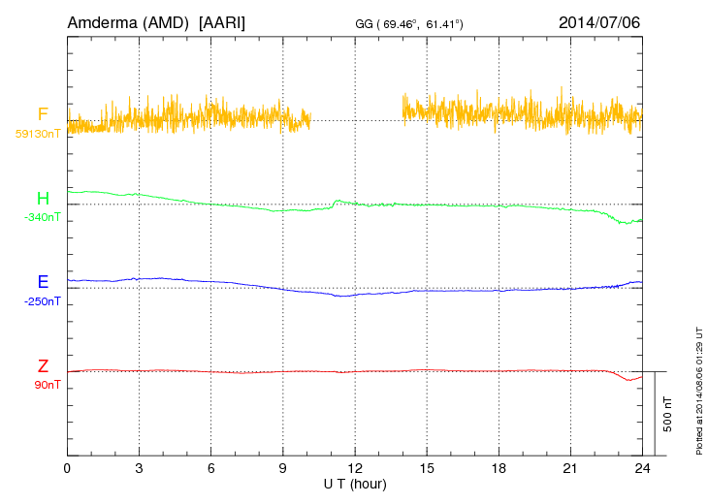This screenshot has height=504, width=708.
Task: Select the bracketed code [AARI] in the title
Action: click(221, 21)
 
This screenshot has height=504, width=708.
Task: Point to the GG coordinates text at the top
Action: click(406, 22)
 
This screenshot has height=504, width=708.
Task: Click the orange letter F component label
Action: click(43, 114)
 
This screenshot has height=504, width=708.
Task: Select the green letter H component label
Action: click(43, 199)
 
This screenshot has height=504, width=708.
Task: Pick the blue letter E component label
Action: click(43, 282)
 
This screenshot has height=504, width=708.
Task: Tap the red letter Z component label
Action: click(43, 366)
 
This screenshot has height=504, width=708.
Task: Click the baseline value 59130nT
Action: click(38, 134)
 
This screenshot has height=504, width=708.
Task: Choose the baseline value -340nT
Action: click(42, 217)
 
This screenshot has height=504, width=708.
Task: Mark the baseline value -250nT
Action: click(42, 301)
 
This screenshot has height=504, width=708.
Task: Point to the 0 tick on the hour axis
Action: click(67, 468)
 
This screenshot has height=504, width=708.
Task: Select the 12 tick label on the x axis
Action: click(354, 468)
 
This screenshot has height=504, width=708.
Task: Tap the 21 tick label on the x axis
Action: click(569, 468)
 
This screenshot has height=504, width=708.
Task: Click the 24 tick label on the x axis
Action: click(641, 468)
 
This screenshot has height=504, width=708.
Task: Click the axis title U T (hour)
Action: click(355, 483)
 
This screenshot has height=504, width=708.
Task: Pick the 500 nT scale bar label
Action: click(667, 414)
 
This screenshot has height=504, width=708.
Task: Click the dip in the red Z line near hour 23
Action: click(628, 380)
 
